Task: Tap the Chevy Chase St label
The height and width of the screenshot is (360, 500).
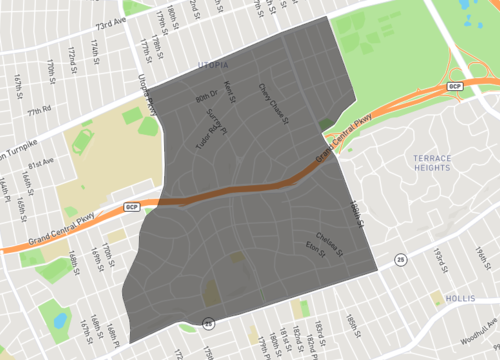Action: tap(273, 103)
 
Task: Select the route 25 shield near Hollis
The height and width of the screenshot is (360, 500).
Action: tap(400, 261)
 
